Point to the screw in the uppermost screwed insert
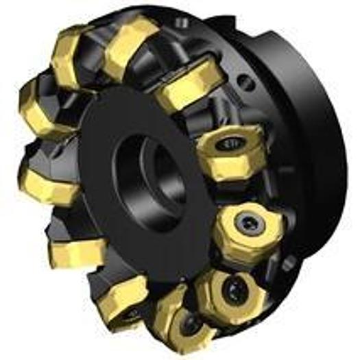228,145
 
